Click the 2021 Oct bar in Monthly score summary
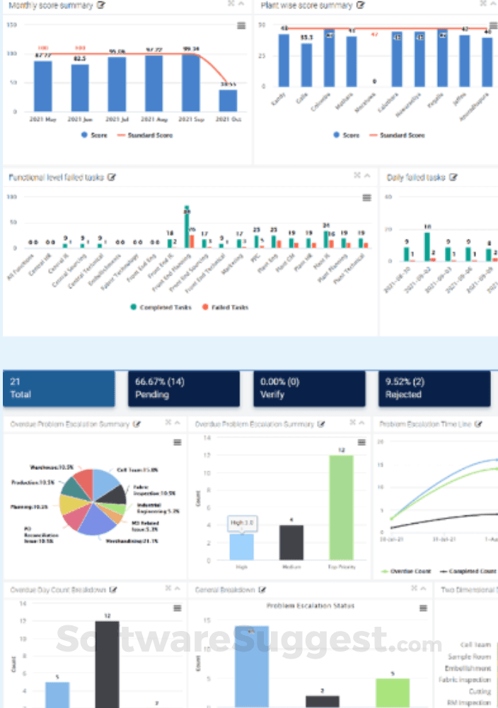click(228, 100)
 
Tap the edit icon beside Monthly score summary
click(101, 5)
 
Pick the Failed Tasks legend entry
click(224, 307)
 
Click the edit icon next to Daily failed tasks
click(453, 177)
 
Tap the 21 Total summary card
click(58, 389)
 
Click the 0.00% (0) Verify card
click(309, 389)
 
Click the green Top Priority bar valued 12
click(341, 508)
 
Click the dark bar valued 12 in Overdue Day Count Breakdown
click(108, 663)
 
